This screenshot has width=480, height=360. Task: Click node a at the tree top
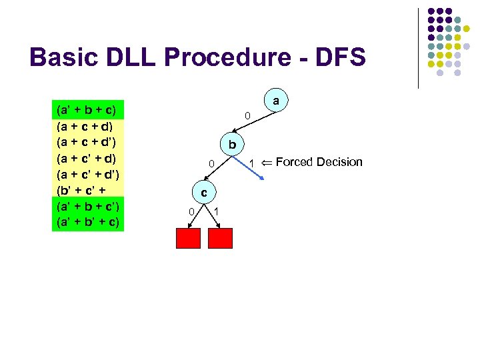pyautogui.click(x=275, y=101)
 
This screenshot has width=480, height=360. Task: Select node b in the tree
pyautogui.click(x=231, y=145)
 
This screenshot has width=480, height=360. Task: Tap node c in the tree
pyautogui.click(x=205, y=193)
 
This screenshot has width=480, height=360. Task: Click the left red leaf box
pyautogui.click(x=189, y=238)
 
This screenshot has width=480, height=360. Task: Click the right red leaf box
pyautogui.click(x=221, y=238)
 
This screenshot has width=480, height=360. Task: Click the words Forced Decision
pyautogui.click(x=319, y=162)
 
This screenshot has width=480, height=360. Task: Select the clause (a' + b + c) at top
pyautogui.click(x=86, y=109)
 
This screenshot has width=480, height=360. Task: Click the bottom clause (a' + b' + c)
pyautogui.click(x=87, y=221)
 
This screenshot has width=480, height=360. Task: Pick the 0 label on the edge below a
pyautogui.click(x=247, y=117)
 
